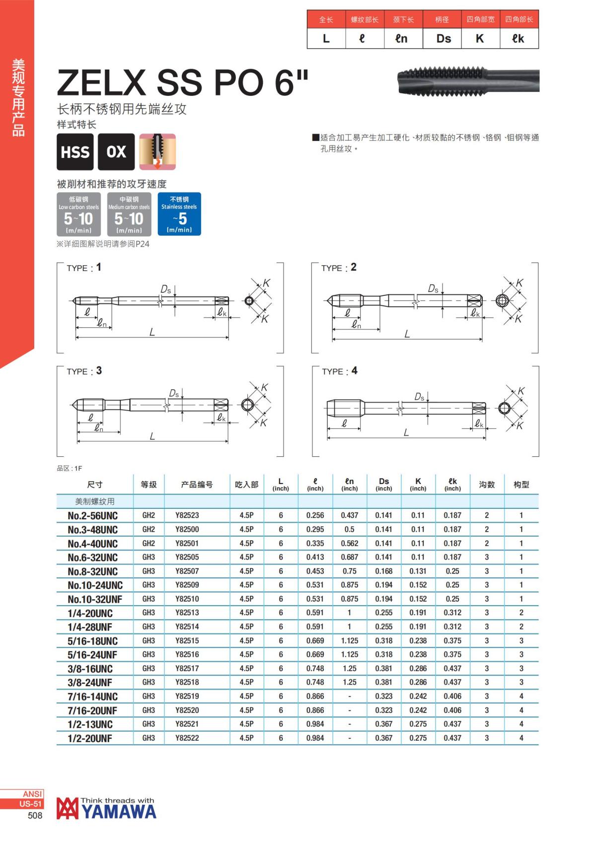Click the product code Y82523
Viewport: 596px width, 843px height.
click(x=187, y=515)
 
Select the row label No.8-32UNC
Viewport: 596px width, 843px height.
click(x=93, y=571)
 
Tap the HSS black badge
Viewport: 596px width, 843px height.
click(x=75, y=152)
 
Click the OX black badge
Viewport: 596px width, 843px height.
click(x=116, y=152)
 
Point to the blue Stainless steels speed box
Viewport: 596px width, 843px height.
click(x=179, y=214)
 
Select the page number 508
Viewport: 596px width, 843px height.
click(x=35, y=816)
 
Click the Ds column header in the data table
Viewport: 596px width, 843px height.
click(x=384, y=484)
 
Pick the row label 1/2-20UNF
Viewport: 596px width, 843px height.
click(x=90, y=738)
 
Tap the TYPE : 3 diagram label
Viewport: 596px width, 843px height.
click(x=84, y=371)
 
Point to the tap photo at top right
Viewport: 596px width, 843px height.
click(x=468, y=80)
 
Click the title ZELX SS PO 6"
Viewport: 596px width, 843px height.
click(x=183, y=82)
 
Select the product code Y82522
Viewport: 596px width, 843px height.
click(x=187, y=738)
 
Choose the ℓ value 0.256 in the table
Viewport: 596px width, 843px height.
click(x=315, y=515)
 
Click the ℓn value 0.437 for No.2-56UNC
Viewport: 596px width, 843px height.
click(x=350, y=515)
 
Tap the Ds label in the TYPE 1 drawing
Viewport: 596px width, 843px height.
click(x=165, y=289)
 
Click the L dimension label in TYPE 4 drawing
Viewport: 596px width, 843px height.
click(x=406, y=432)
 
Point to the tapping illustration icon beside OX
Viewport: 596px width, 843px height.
click(x=157, y=152)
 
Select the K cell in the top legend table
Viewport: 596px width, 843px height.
click(x=480, y=39)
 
